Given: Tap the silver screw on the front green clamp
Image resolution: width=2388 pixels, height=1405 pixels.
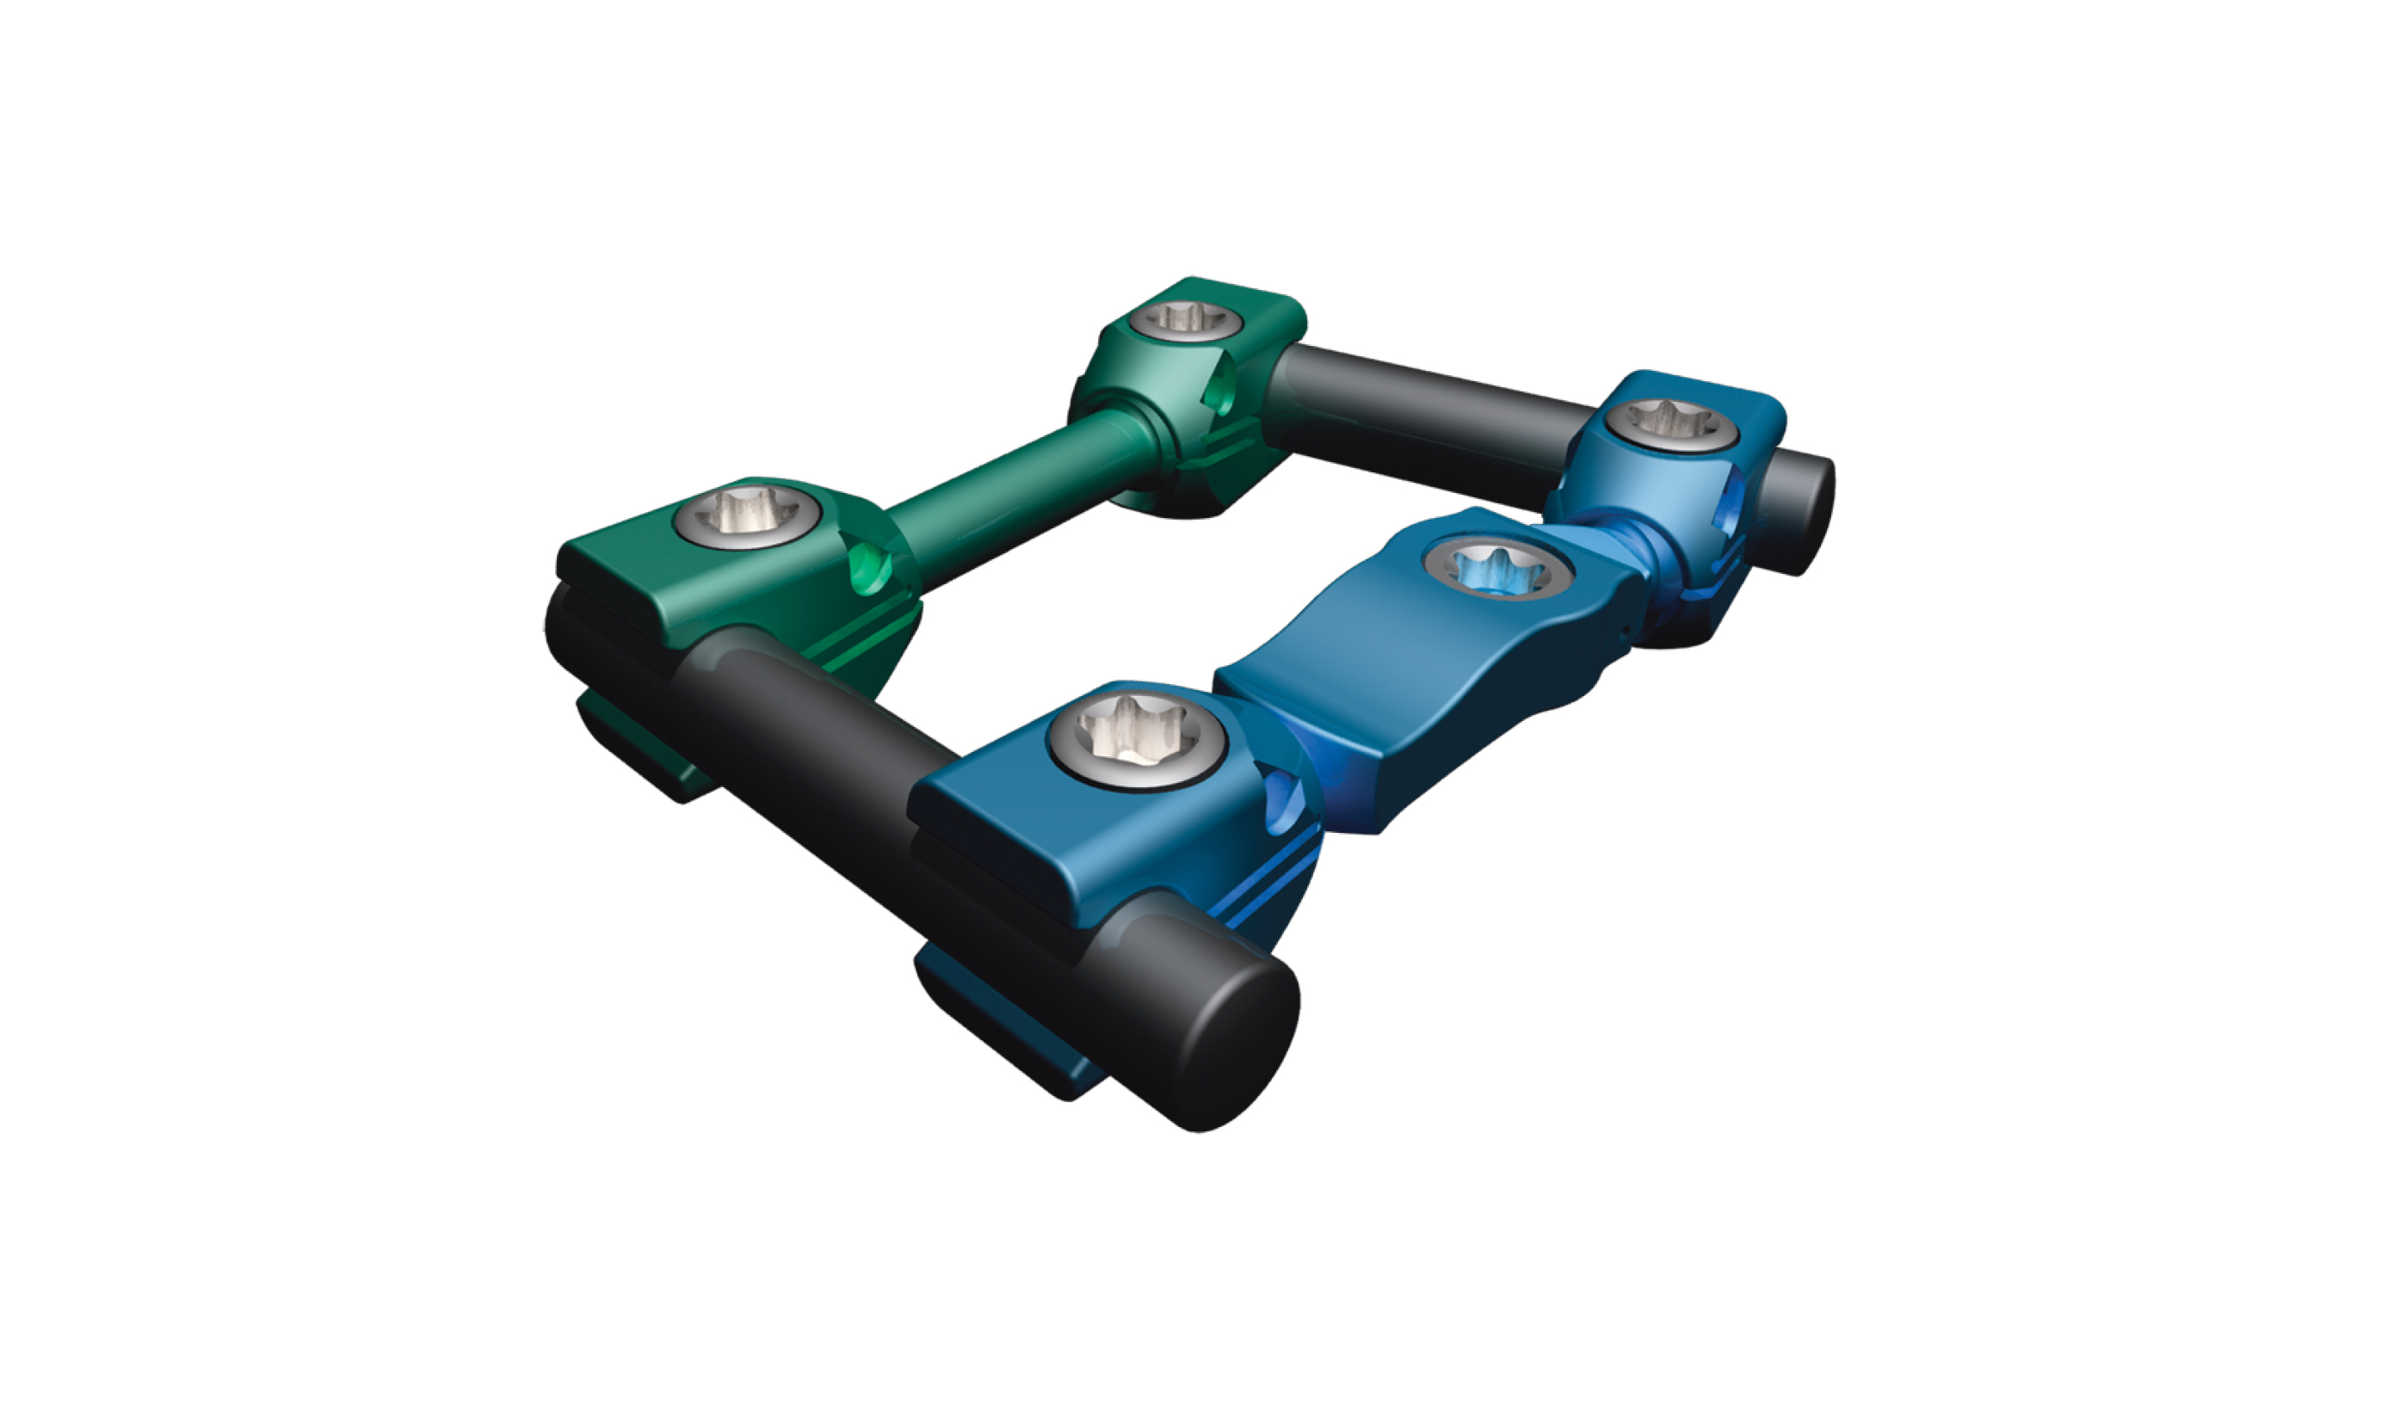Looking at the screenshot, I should coord(748,516).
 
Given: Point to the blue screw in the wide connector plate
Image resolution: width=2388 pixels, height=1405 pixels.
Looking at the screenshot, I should coord(1497,570).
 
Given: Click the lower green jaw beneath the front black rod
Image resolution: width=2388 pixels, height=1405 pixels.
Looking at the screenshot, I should coord(645,749).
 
